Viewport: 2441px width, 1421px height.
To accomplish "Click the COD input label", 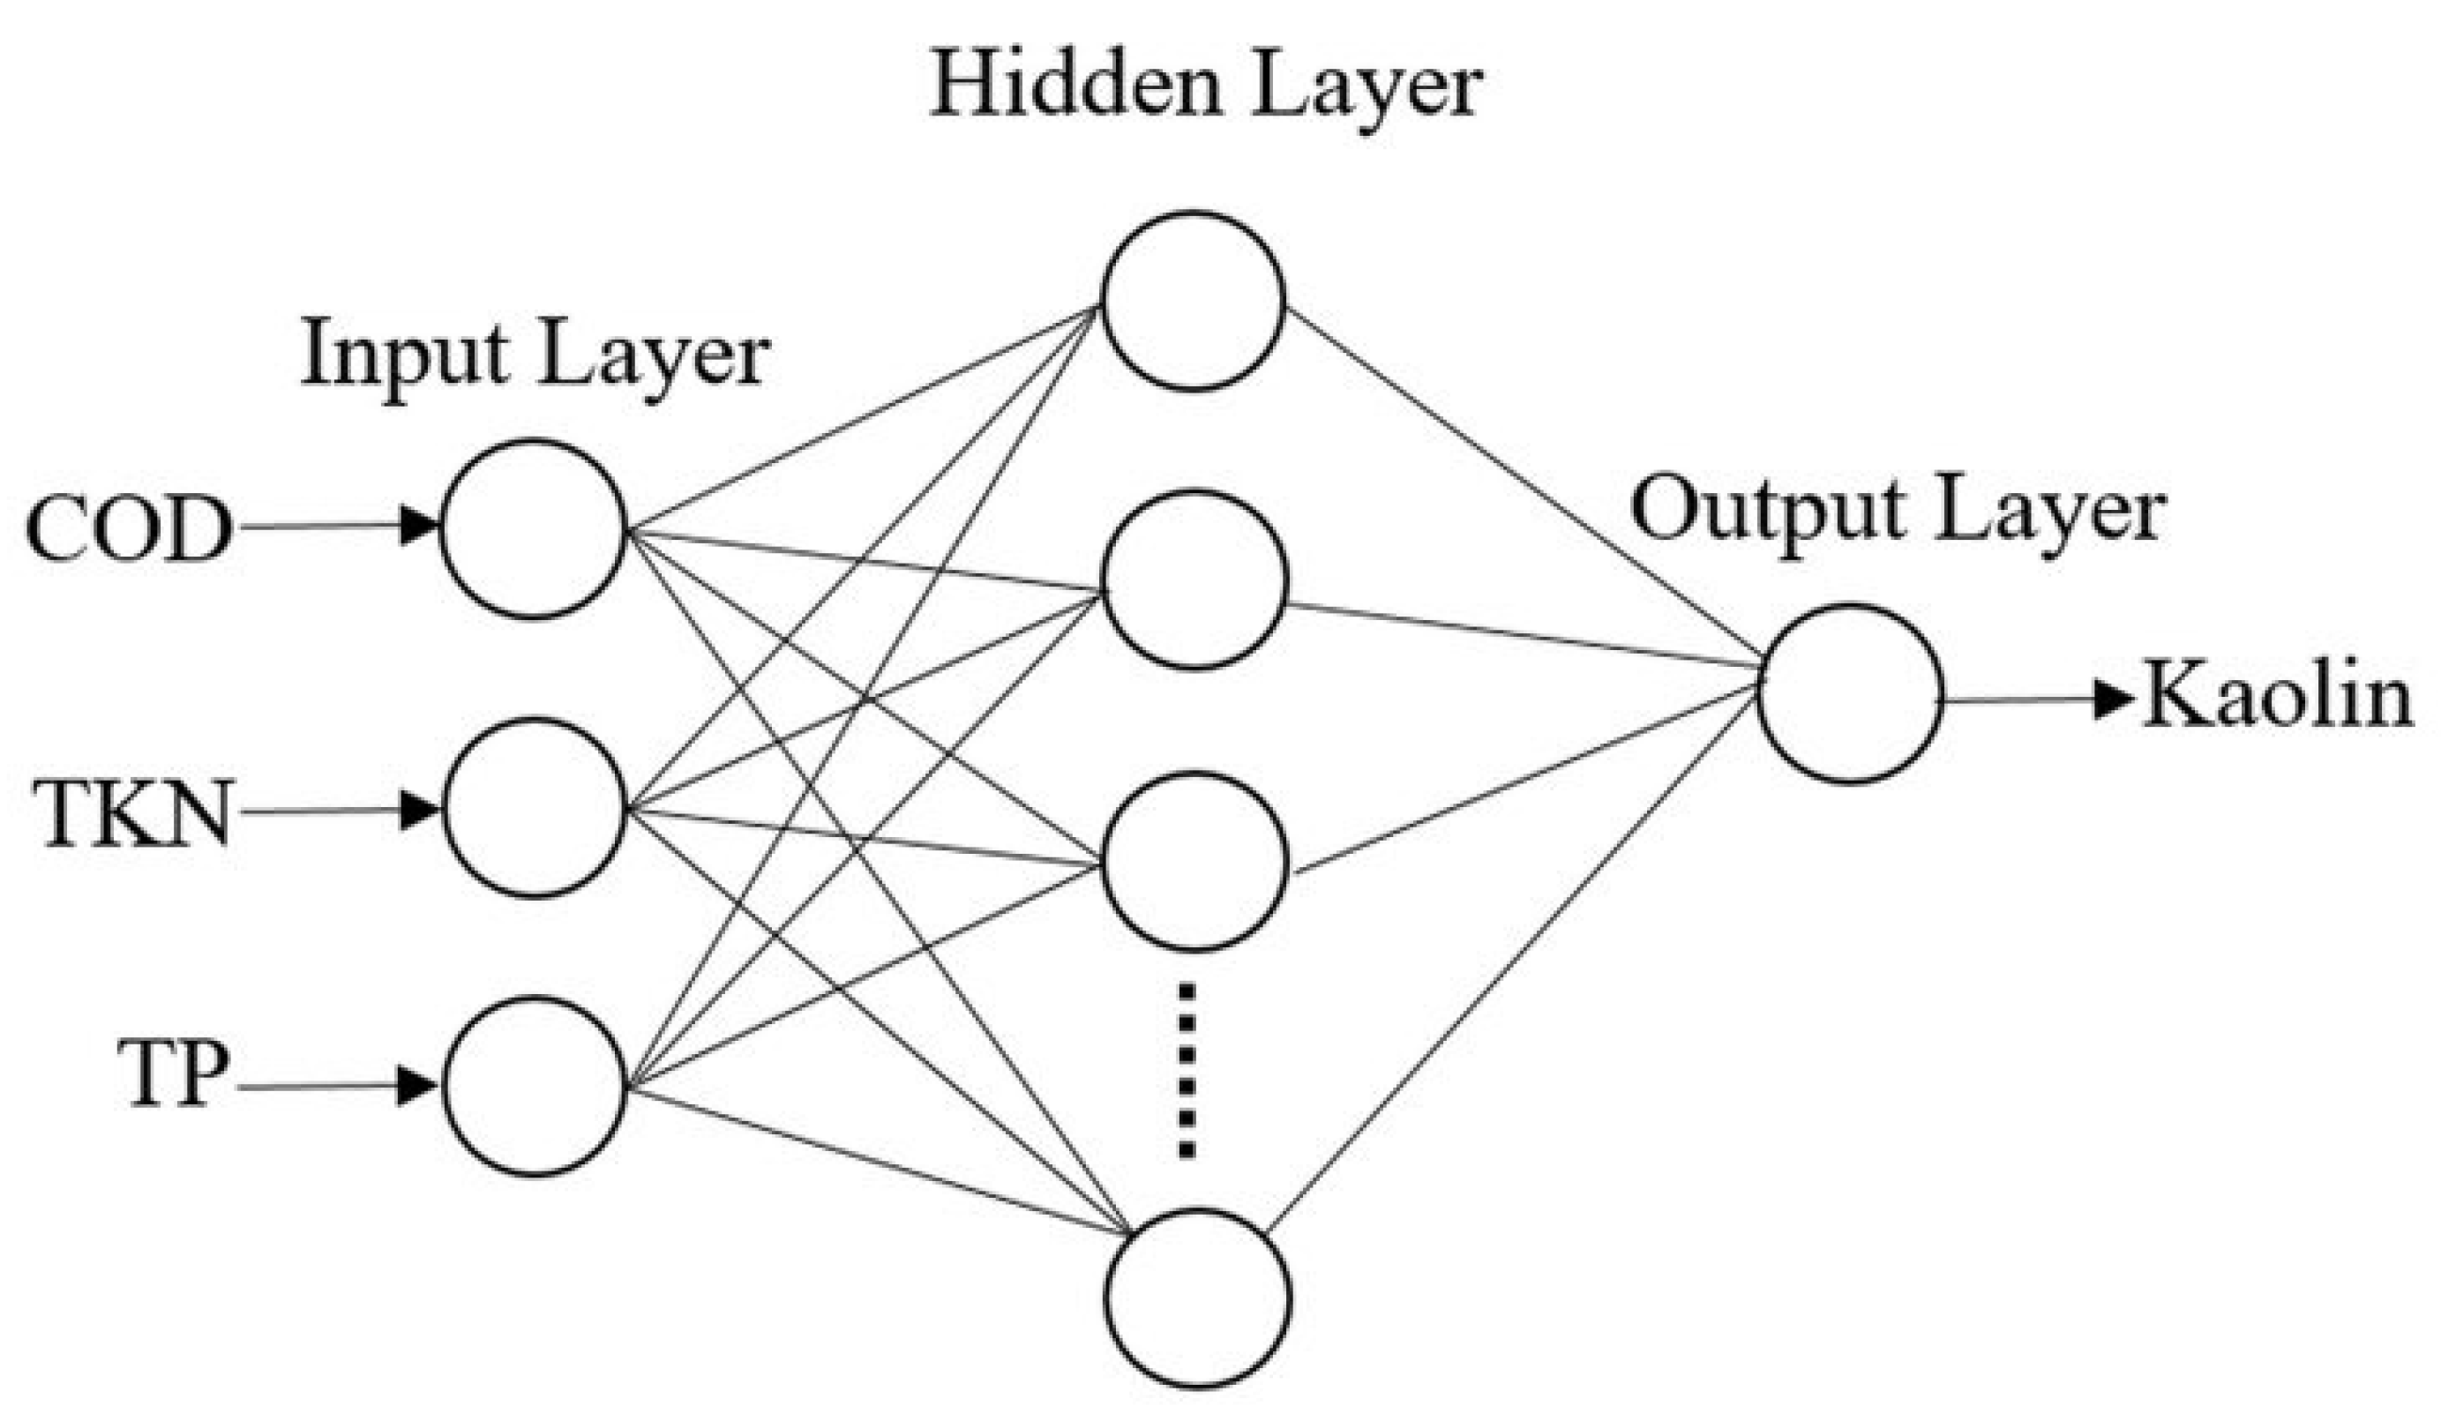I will point(129,531).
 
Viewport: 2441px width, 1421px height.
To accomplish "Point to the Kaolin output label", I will point(2276,698).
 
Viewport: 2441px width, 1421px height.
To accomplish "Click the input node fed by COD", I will point(534,529).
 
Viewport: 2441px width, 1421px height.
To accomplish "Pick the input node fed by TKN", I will point(534,808).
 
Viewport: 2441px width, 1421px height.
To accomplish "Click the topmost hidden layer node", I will point(1194,300).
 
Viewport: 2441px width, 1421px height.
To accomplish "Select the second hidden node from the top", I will point(1195,580).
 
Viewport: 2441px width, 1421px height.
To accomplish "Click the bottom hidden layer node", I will point(1198,1299).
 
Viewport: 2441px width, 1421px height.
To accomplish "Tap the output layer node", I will point(1850,693).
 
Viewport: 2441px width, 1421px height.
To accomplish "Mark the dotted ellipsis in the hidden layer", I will point(1187,1070).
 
